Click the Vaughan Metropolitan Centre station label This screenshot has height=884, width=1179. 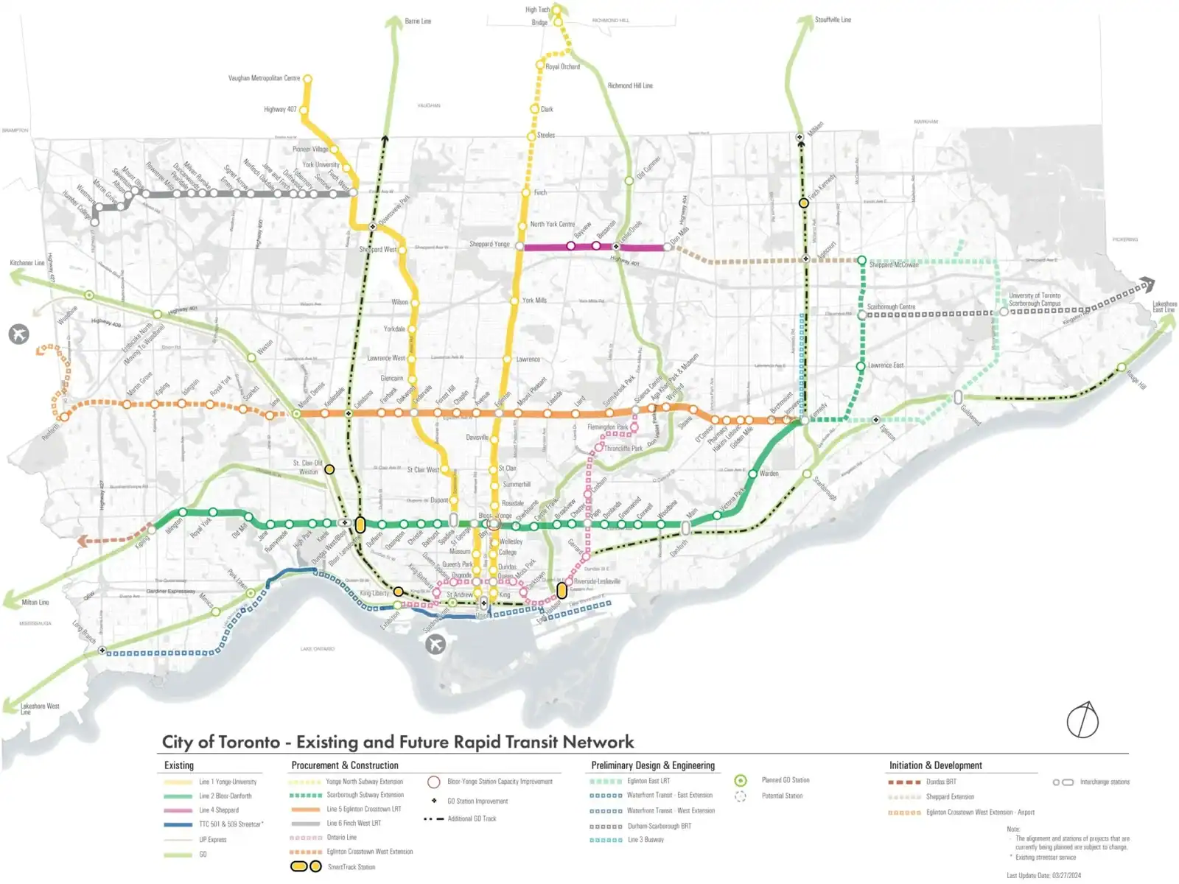point(264,78)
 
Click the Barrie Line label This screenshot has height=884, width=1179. point(418,21)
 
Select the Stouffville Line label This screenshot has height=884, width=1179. point(833,20)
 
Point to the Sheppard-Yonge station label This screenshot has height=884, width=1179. point(489,244)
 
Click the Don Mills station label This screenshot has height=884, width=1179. point(679,236)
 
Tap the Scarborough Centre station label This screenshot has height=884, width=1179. point(891,306)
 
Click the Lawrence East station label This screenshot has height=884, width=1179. point(885,365)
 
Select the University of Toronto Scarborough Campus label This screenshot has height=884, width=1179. point(1035,299)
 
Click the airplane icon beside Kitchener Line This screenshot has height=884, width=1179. point(19,334)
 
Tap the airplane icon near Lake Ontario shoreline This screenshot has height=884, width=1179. point(435,645)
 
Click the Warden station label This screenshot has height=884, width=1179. point(769,474)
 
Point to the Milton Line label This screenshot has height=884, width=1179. point(35,602)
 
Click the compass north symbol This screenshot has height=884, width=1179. point(1082,720)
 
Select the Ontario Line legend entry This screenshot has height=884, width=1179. point(341,838)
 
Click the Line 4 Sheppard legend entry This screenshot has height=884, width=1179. point(218,810)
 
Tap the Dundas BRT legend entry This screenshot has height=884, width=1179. point(940,782)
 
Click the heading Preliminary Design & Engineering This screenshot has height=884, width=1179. point(653,765)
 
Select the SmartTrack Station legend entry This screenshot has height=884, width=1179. point(351,867)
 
